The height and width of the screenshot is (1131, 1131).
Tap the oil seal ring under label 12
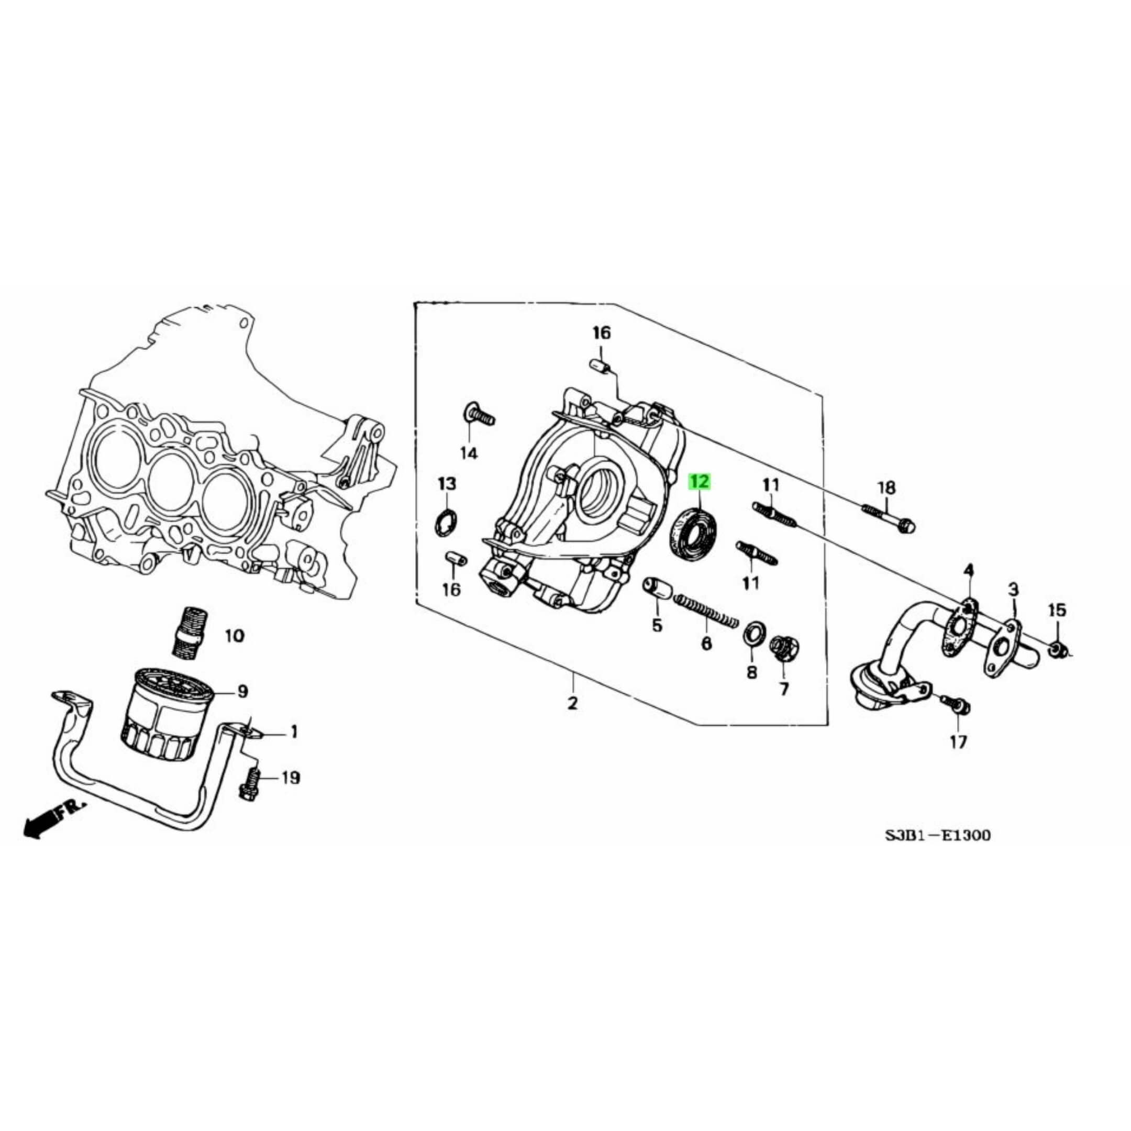(695, 534)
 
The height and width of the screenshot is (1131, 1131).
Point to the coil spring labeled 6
(706, 611)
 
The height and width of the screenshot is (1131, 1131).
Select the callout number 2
(572, 703)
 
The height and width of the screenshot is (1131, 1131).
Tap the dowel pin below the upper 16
(600, 366)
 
